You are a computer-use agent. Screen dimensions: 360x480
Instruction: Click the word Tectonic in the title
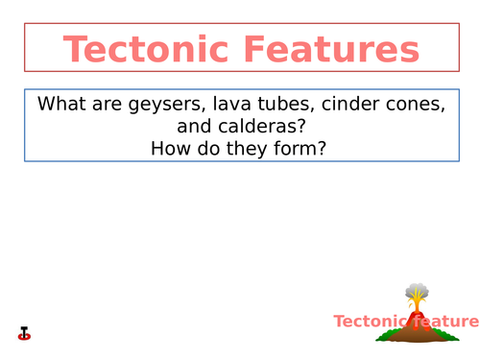click(145, 49)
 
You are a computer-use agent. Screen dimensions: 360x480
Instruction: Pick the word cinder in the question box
click(350, 104)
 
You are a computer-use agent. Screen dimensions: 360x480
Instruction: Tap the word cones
click(415, 104)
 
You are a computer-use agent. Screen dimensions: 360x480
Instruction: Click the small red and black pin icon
click(25, 333)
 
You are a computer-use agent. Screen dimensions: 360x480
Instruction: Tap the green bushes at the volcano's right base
click(449, 334)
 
